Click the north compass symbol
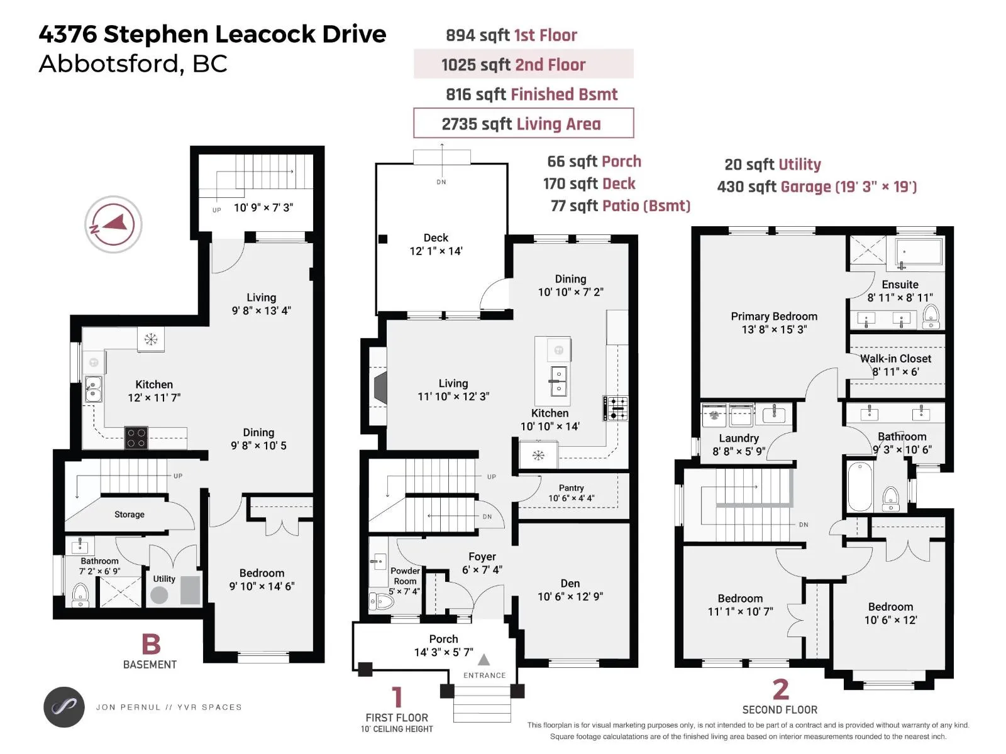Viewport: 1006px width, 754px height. (113, 224)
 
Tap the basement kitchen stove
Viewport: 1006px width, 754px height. (136, 437)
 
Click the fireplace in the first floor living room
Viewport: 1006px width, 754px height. (380, 387)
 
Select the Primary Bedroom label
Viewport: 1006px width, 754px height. (773, 316)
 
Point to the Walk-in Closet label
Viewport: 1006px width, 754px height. (895, 358)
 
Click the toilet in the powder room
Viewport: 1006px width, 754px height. (381, 601)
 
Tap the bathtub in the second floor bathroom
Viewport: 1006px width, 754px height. (860, 486)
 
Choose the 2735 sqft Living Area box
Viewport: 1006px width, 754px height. (523, 123)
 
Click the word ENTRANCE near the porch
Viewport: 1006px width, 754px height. (484, 675)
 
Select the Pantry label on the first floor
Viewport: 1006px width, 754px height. (571, 488)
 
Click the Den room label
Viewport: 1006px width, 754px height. (570, 583)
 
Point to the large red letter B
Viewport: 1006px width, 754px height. (152, 644)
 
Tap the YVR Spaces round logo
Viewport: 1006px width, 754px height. (64, 708)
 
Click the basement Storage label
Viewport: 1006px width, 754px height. (130, 515)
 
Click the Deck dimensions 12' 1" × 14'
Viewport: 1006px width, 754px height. (436, 251)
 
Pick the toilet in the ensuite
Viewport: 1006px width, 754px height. (931, 316)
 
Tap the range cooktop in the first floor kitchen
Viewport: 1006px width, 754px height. (616, 408)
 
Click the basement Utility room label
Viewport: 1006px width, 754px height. (164, 579)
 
